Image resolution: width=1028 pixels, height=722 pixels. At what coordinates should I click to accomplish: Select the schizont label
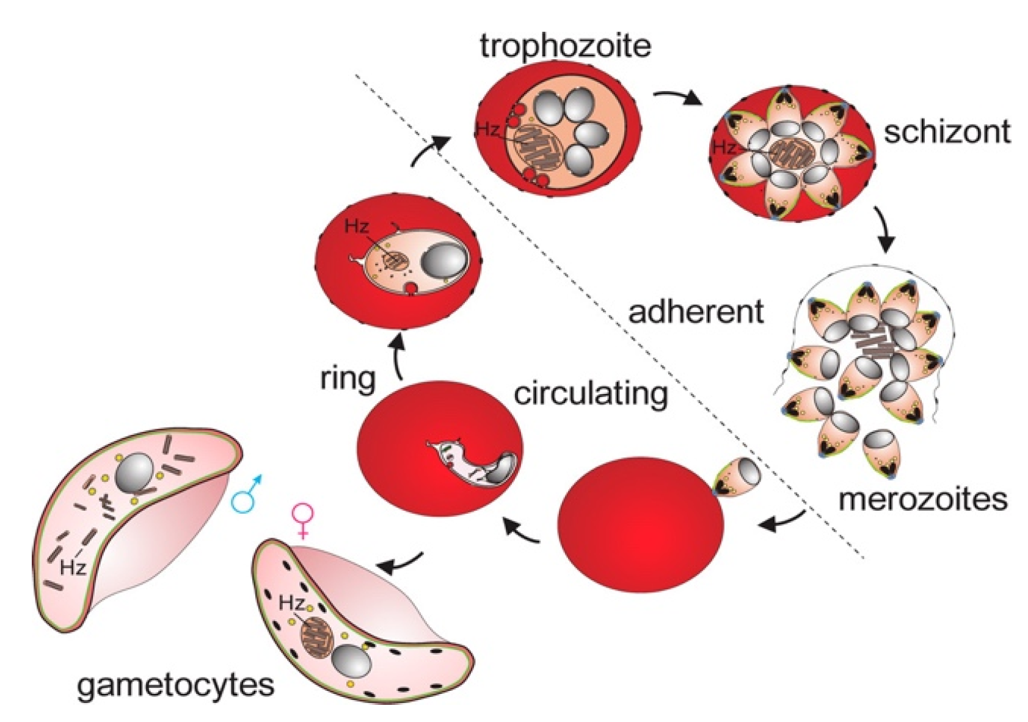point(947,132)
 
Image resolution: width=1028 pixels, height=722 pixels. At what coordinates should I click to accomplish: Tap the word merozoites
point(922,499)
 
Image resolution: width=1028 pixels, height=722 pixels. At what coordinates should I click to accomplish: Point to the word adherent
point(696,312)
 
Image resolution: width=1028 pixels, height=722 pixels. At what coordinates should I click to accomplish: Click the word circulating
point(590,395)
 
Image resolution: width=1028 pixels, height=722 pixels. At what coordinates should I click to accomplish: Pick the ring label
point(348,379)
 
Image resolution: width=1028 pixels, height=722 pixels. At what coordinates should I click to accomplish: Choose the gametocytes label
point(175,685)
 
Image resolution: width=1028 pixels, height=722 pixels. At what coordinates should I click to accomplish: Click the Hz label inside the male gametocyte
point(72,567)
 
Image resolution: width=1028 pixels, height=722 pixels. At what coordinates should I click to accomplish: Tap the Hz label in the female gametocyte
point(291,603)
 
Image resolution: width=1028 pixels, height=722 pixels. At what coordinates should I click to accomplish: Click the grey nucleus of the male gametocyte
point(134,472)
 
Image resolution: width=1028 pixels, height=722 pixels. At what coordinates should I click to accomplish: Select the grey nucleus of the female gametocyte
point(351,661)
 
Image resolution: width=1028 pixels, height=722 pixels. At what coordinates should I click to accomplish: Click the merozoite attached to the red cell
point(737,478)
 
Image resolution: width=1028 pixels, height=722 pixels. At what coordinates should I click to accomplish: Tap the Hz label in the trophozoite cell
point(487,129)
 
